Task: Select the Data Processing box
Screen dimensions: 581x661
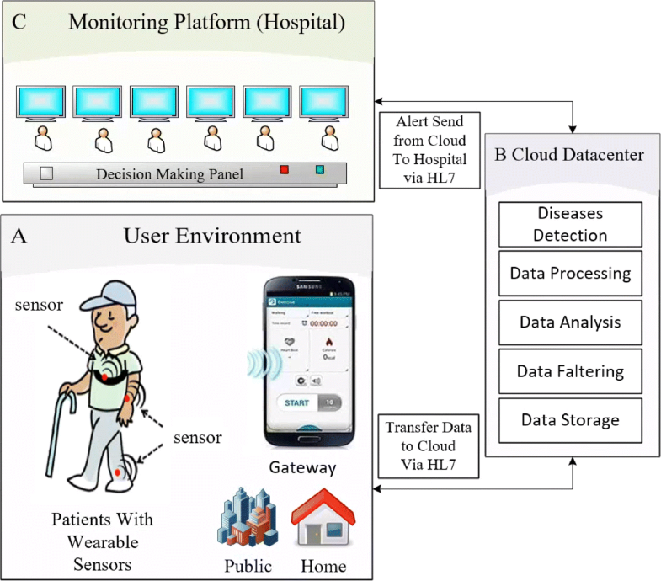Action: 570,274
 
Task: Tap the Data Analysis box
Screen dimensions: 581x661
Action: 570,322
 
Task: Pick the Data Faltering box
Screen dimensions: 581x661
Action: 570,370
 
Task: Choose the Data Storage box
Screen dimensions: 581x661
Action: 570,419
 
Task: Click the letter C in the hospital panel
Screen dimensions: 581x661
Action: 18,22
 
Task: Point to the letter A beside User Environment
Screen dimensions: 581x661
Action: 19,235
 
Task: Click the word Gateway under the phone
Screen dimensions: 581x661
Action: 302,467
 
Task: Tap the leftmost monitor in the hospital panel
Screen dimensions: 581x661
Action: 41,104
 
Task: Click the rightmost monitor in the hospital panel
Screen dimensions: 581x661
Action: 324,104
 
